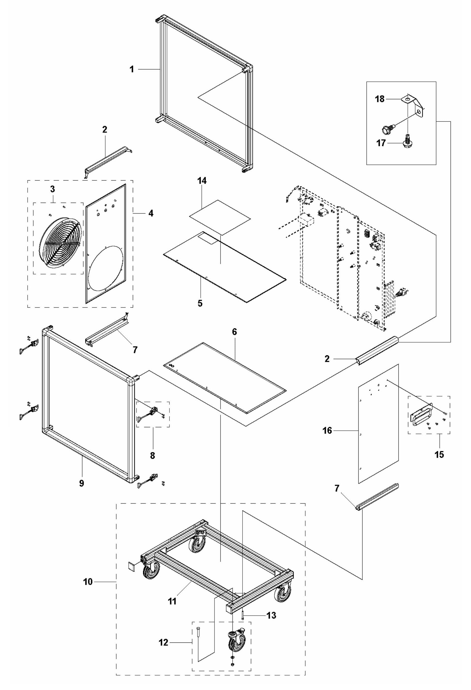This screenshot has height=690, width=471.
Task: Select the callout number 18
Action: (380, 99)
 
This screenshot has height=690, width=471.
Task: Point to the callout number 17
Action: (381, 143)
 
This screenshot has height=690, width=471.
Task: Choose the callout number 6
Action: (234, 332)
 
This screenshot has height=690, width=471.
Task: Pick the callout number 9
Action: (82, 483)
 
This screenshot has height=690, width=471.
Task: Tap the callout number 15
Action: (439, 454)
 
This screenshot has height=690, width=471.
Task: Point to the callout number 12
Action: (163, 642)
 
